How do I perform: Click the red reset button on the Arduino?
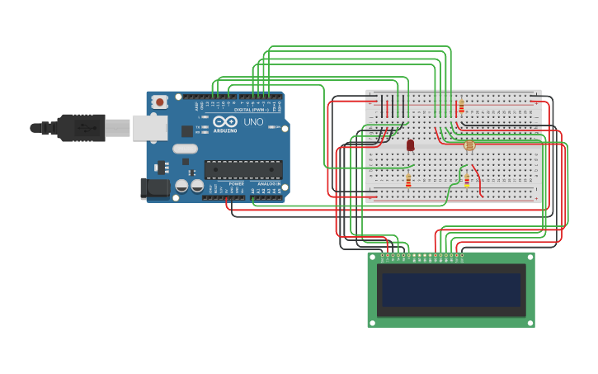pos(159,102)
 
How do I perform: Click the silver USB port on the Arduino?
pos(149,128)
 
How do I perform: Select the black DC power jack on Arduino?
pos(154,188)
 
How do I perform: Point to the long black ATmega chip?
pos(243,169)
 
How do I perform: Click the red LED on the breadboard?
pos(410,145)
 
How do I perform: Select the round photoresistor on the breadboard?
pos(469,145)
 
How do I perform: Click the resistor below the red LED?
pos(408,180)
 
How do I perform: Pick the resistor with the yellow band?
pos(467,180)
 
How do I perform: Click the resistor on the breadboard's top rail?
pos(461,107)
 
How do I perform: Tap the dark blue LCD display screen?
pos(451,290)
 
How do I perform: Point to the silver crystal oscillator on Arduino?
pos(185,149)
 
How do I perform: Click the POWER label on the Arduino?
pos(236,183)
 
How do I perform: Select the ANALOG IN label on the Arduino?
pos(268,183)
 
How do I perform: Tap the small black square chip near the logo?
pos(187,130)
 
